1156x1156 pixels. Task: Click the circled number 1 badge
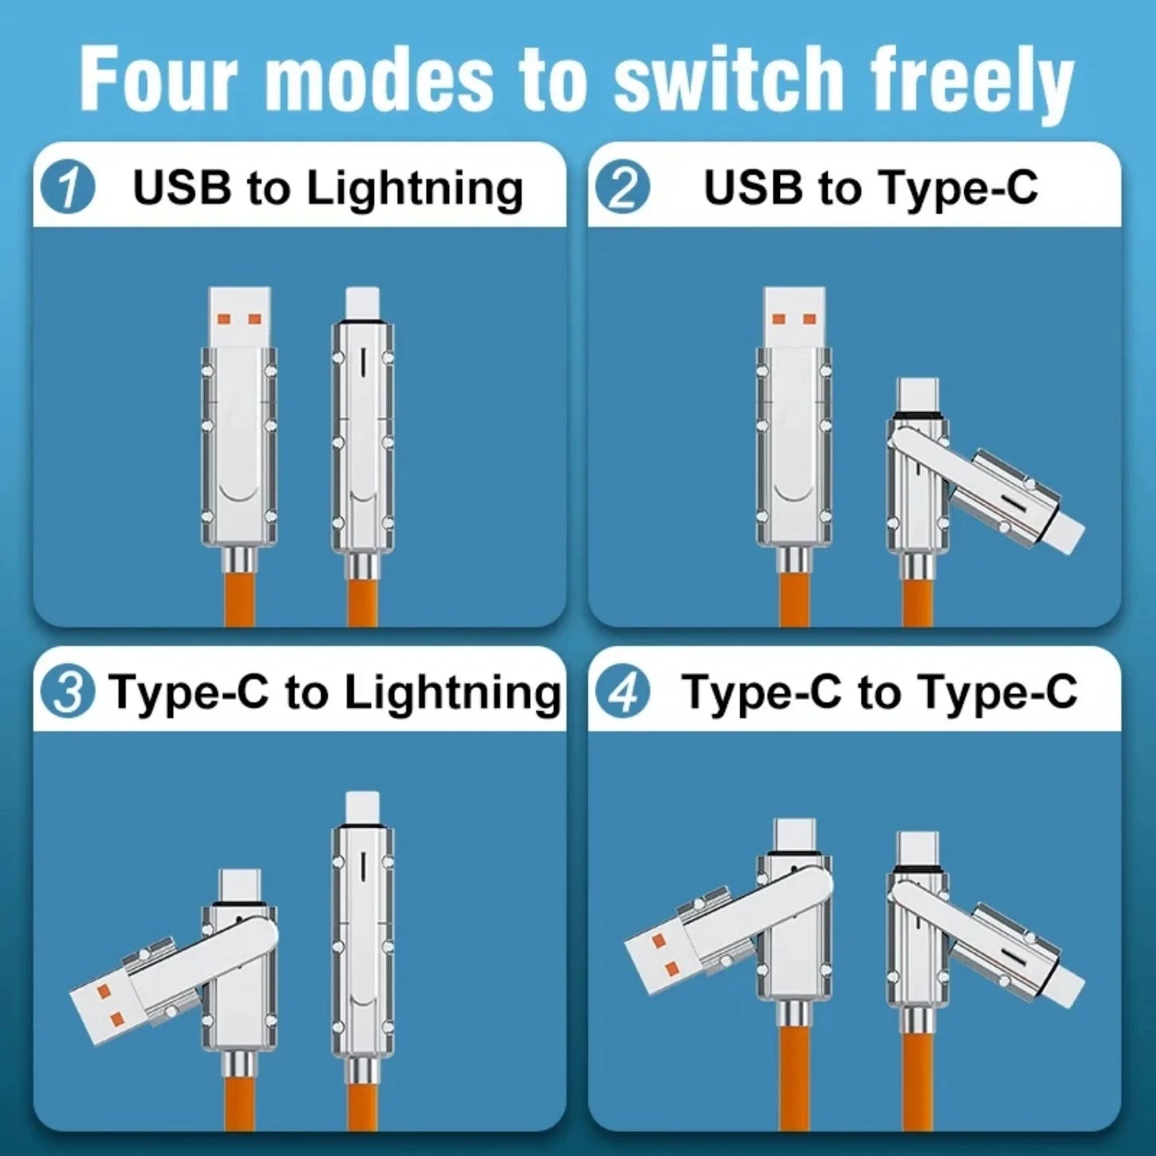[x=68, y=189]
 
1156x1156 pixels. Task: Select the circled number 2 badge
[x=622, y=189]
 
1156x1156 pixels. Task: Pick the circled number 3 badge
[x=68, y=693]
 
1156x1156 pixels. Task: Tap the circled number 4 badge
[x=622, y=693]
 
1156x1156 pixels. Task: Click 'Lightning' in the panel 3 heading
[x=452, y=693]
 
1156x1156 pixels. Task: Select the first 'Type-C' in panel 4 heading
[x=761, y=692]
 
